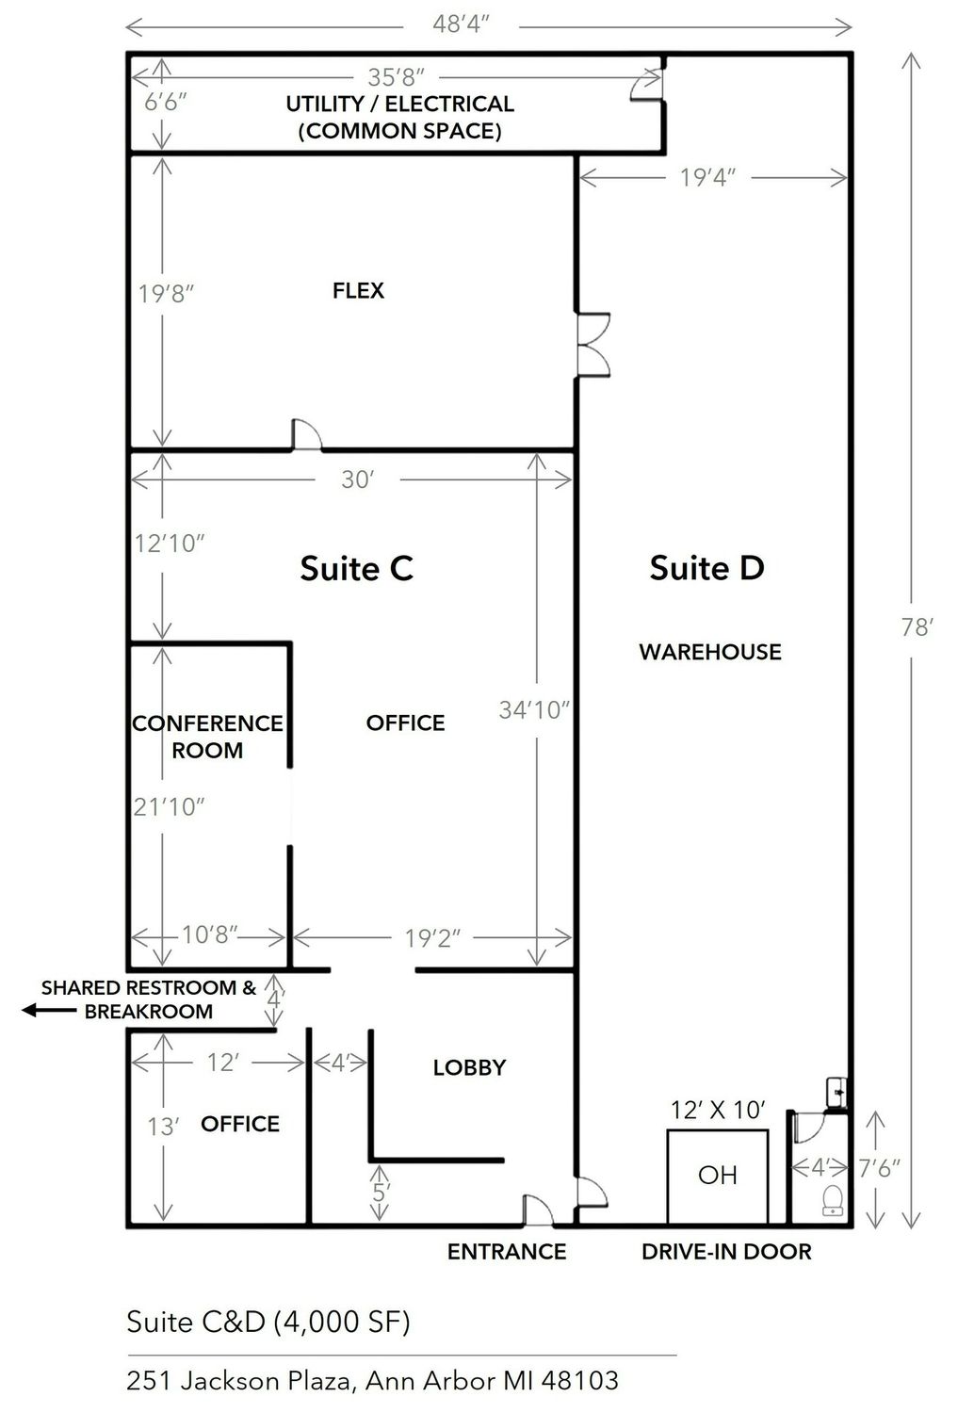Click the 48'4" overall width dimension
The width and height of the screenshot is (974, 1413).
(462, 24)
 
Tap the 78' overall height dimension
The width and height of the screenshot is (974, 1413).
(917, 627)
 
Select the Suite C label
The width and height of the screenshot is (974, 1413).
(356, 568)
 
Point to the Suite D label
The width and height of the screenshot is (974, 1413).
(707, 567)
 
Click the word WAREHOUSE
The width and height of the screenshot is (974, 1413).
(710, 652)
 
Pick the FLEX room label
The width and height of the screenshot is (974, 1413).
(358, 290)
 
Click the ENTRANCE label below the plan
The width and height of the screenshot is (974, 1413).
(507, 1252)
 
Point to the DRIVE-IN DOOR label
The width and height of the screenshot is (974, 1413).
(726, 1252)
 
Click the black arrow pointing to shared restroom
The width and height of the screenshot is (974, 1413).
(49, 1010)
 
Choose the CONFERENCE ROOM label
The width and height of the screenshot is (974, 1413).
(207, 736)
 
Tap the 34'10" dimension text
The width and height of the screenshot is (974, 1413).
(534, 710)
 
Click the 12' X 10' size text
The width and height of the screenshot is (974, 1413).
(718, 1110)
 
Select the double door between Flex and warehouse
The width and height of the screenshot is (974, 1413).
(593, 345)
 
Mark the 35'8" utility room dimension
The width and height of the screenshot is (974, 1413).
(397, 77)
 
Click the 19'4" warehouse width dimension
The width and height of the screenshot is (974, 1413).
(707, 177)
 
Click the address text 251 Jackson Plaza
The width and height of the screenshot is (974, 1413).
(373, 1380)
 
